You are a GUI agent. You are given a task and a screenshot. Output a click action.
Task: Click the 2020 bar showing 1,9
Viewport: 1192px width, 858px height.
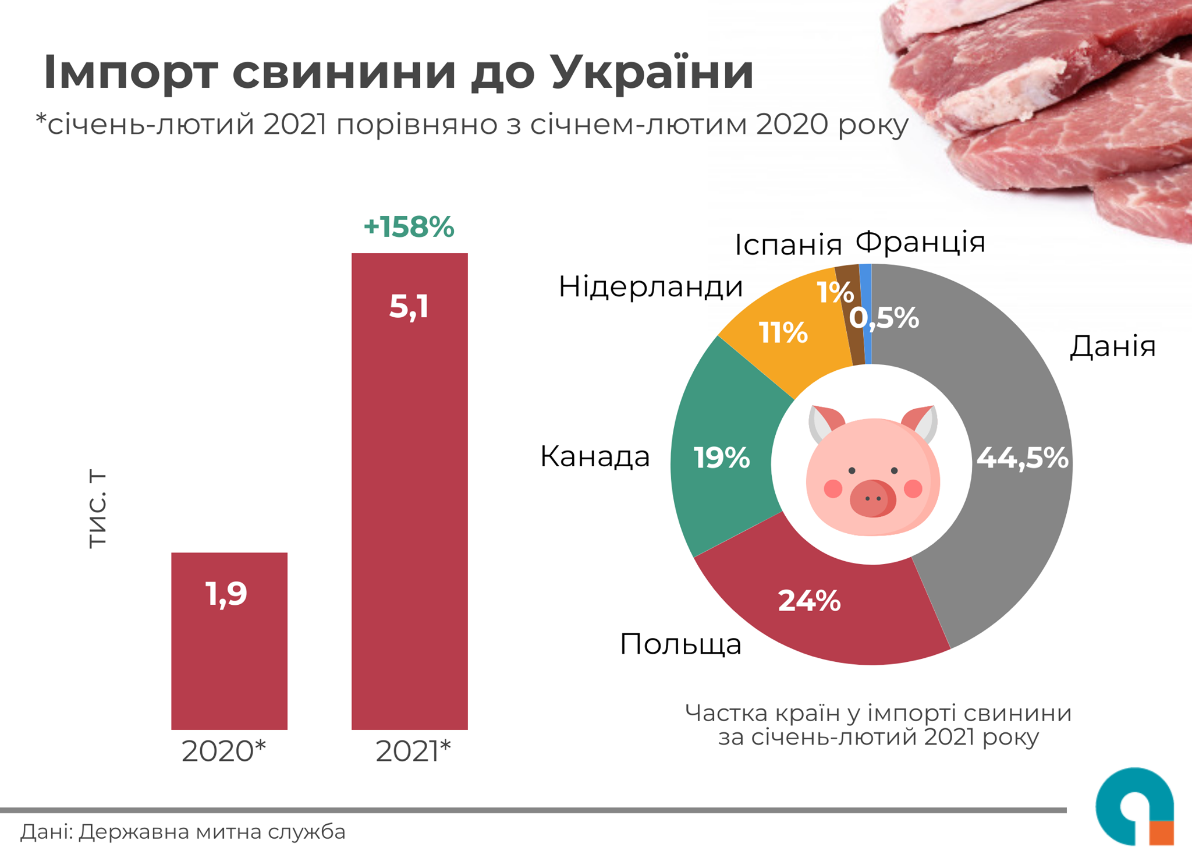click(229, 640)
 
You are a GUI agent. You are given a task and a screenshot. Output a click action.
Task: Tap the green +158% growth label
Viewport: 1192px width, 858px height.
click(409, 226)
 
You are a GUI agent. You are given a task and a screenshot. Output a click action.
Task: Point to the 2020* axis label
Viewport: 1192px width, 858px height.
click(223, 751)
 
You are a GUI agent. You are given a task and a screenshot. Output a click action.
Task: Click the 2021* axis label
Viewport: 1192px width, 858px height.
click(413, 751)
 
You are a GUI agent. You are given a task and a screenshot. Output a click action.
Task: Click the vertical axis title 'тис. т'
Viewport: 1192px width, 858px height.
click(97, 509)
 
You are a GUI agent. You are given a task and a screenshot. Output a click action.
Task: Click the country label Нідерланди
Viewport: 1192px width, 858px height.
click(651, 286)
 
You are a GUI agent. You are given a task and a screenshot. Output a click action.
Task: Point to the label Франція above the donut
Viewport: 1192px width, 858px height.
click(920, 242)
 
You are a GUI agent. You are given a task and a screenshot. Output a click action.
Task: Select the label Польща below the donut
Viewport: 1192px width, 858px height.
click(680, 644)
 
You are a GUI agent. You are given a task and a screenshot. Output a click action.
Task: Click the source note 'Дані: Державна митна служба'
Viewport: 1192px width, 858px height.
click(183, 832)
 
